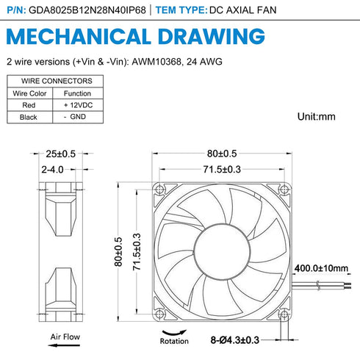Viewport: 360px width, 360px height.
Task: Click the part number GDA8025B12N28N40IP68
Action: point(87,10)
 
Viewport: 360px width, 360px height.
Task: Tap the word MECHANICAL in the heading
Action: point(79,36)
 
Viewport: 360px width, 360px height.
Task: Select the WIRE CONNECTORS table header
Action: point(57,81)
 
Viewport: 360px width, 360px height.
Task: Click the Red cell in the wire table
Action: point(29,105)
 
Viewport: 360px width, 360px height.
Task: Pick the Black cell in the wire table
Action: point(29,117)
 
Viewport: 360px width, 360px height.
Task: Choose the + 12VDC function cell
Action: point(78,105)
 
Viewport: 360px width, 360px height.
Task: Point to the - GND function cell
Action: point(75,117)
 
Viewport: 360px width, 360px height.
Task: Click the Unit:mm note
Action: point(317,117)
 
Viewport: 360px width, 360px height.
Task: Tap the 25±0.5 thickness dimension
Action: point(61,154)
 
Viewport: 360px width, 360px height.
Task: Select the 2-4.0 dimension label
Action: point(52,170)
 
